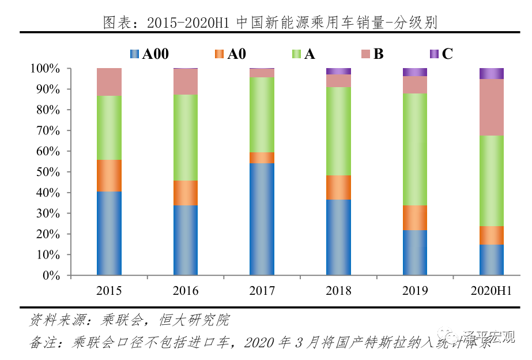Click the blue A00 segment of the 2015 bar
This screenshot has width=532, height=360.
coord(109,233)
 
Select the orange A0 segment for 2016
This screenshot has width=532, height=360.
coord(186,193)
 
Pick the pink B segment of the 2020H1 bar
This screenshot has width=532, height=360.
coord(492,107)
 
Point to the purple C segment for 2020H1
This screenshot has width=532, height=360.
coord(492,73)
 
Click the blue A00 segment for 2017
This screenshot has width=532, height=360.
coord(262,219)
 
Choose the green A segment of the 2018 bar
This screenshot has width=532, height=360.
coord(338,131)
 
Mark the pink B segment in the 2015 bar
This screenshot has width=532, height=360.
coord(109,82)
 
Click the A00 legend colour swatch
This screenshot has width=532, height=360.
coord(135,54)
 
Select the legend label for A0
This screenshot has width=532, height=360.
coord(236,54)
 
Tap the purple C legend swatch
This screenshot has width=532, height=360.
coord(434,54)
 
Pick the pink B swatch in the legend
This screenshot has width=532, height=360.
coord(365,54)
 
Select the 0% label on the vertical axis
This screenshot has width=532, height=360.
coord(51,276)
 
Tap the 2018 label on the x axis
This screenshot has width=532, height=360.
coord(338,291)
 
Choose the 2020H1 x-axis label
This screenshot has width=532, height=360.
coord(492,291)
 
